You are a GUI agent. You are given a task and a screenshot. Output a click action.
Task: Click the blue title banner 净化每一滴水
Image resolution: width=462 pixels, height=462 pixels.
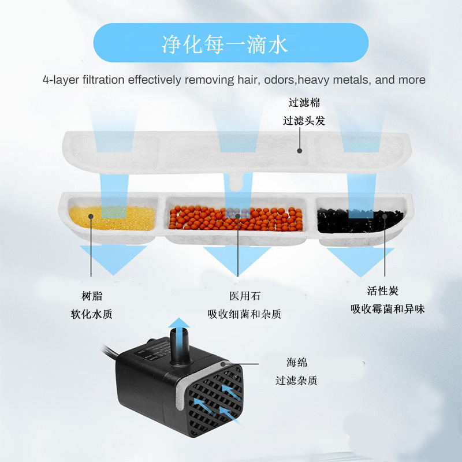point(230,43)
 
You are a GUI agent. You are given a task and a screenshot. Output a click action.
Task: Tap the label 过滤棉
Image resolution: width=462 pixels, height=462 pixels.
point(304,103)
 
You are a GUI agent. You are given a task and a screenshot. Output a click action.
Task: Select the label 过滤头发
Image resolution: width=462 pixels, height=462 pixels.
point(304,121)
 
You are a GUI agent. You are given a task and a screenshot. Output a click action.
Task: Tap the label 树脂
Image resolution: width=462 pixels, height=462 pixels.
point(91,296)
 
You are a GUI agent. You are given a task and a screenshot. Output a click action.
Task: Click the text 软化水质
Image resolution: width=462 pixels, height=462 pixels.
point(91,314)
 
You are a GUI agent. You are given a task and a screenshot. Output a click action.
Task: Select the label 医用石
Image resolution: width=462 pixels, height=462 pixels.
point(245,296)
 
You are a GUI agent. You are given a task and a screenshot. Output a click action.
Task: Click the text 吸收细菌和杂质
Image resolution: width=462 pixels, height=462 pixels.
point(245,314)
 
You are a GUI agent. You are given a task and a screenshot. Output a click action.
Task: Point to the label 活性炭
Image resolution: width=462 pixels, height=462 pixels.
point(383,290)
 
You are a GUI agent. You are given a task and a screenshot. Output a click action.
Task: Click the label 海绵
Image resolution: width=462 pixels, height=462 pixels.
point(296,363)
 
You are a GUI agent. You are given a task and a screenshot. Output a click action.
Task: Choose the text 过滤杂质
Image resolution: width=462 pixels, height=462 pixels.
point(296,381)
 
